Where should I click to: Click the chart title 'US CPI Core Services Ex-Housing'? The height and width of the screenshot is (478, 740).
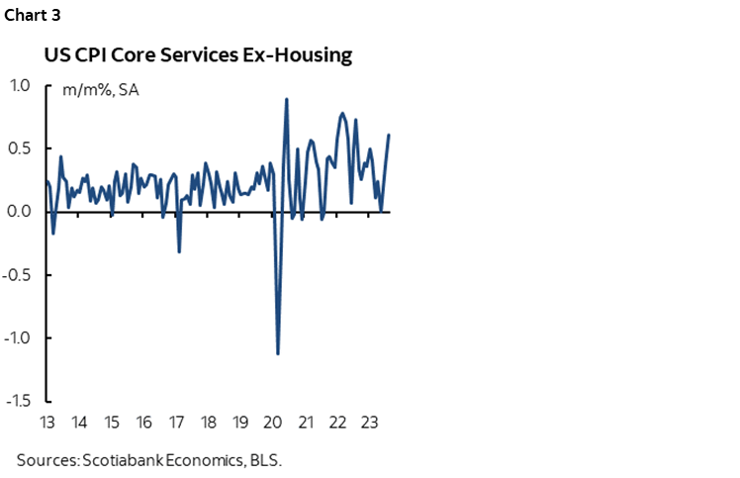[x=198, y=55]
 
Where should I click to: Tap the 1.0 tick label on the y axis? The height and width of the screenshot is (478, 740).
[x=20, y=85]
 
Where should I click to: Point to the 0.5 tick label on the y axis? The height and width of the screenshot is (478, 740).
[x=20, y=148]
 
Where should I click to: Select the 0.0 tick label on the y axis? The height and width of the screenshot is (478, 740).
[x=20, y=212]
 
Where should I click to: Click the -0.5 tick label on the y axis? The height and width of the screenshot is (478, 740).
[x=18, y=275]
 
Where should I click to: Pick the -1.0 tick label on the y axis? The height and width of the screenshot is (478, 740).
[x=18, y=338]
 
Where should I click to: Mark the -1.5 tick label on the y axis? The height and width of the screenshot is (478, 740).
[x=18, y=401]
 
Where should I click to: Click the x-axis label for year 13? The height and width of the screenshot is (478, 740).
[x=46, y=423]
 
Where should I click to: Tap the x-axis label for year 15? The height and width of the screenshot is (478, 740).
[x=112, y=423]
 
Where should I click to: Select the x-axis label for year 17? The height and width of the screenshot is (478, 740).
[x=176, y=423]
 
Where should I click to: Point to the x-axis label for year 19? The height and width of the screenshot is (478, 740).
[x=240, y=423]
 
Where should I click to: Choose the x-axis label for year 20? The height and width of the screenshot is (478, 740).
[x=273, y=423]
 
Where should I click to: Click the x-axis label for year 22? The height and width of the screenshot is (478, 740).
[x=337, y=423]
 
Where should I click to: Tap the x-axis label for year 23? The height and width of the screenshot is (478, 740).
[x=369, y=423]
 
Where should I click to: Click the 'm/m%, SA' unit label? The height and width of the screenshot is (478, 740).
[x=94, y=90]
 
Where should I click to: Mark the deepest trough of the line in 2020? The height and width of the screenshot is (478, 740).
[x=278, y=353]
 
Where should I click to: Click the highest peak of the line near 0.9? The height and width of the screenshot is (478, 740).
[x=286, y=99]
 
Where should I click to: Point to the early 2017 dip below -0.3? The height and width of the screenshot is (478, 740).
[x=179, y=251]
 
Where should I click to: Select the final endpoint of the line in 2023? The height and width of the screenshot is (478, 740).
[x=389, y=135]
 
